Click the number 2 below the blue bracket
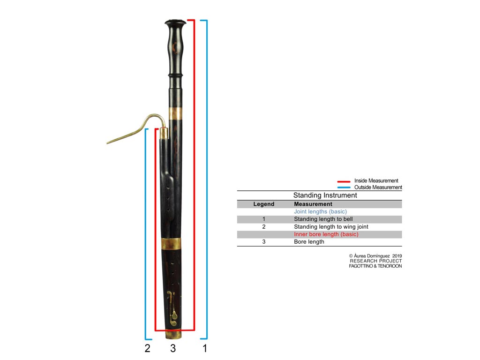tap(147, 348)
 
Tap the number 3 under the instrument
tap(173, 348)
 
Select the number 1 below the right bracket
tap(204, 348)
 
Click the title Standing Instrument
tap(325, 195)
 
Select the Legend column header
tap(264, 204)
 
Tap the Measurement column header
tap(313, 204)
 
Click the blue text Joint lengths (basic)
tap(320, 211)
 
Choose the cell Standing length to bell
tap(323, 219)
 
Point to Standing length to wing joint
tap(331, 226)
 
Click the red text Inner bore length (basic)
tap(326, 234)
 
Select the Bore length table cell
tap(309, 242)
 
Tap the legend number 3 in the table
tap(264, 242)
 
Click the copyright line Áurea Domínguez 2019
tap(375, 256)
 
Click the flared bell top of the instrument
tap(175, 23)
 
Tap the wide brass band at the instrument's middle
tap(171, 243)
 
